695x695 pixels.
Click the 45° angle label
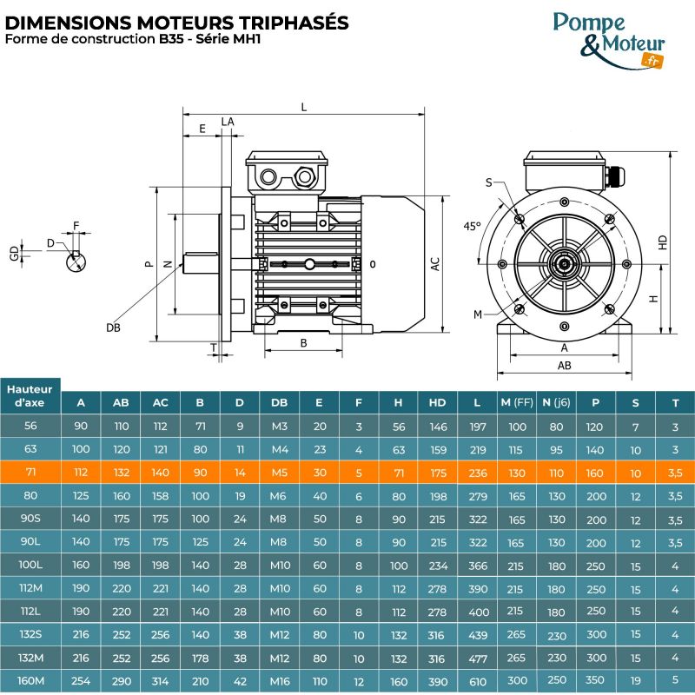pos(471,226)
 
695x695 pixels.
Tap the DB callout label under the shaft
pos(113,328)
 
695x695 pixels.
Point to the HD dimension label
pos(663,242)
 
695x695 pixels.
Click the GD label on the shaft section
pos(13,253)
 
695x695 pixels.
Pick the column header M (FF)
pos(517,402)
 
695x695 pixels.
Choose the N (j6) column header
pos(557,402)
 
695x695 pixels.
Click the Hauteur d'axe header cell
pos(30,395)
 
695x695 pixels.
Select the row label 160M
pos(30,681)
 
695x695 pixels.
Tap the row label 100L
pos(30,566)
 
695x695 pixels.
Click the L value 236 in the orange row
pos(478,473)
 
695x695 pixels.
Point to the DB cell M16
pos(279,681)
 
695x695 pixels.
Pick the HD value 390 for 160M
pos(437,681)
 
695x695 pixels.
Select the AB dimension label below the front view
pos(564,366)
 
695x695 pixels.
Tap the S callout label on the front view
pos(488,182)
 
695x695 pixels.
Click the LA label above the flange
pos(228,122)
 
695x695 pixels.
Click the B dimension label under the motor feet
pos(303,343)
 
